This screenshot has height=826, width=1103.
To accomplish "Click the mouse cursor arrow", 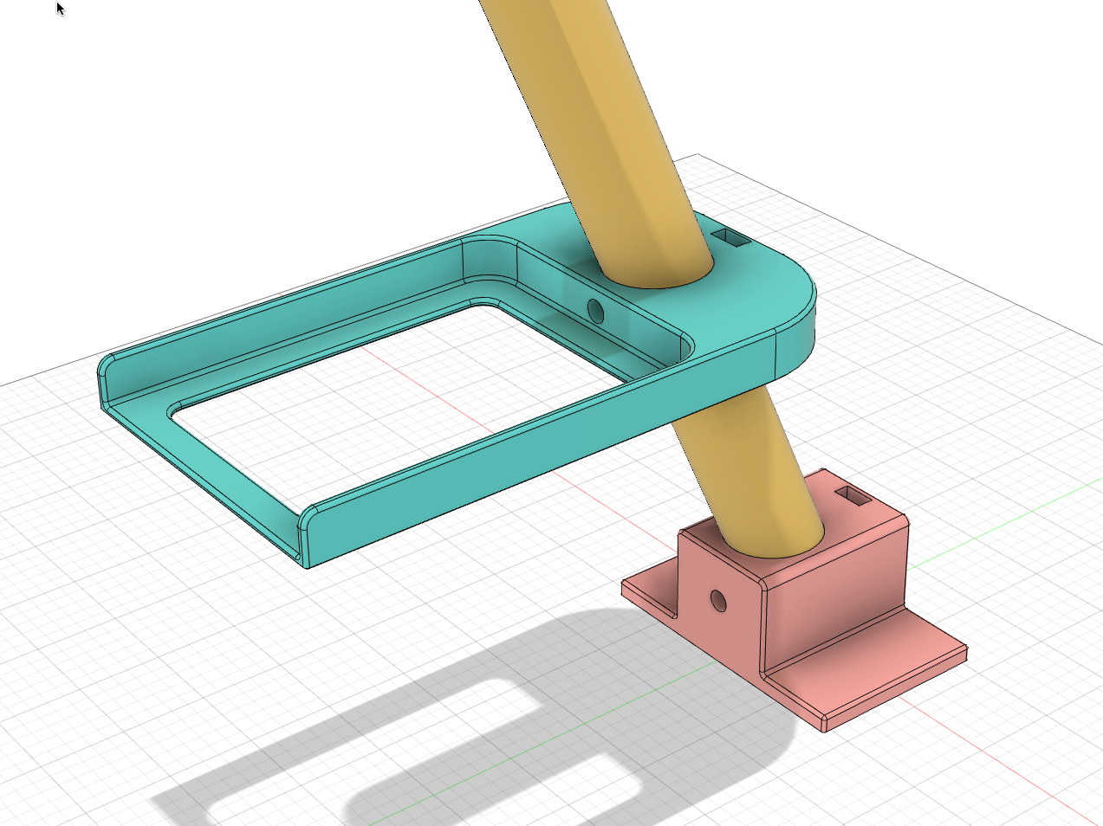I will (60, 9).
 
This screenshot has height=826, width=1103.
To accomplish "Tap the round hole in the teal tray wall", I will (595, 309).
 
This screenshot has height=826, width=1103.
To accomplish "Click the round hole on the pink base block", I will (717, 599).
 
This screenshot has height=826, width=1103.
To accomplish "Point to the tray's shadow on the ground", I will (485, 727).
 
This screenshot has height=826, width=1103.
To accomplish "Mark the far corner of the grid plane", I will (698, 156).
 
